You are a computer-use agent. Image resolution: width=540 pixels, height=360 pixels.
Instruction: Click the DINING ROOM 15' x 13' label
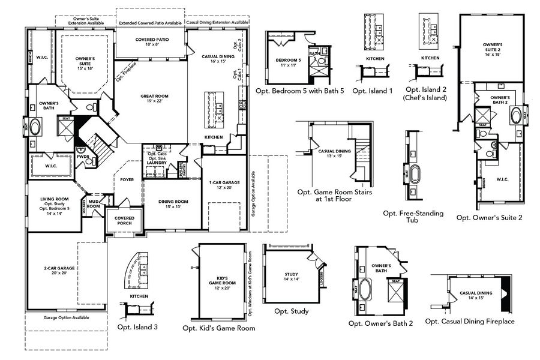click(173, 204)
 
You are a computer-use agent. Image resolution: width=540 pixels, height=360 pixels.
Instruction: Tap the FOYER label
click(127, 179)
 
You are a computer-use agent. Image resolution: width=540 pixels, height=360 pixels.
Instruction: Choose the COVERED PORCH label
click(124, 220)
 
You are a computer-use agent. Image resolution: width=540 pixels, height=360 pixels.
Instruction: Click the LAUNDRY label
click(156, 162)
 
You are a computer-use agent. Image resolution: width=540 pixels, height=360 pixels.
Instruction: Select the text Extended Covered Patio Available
click(150, 23)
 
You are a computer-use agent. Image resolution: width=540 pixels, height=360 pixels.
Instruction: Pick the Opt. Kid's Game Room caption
click(218, 328)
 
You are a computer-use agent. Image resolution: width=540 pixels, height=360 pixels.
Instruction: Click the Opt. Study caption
click(292, 311)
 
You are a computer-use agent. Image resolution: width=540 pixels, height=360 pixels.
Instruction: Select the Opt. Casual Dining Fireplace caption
click(470, 322)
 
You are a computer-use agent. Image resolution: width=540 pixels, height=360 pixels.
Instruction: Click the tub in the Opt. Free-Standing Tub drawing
click(412, 177)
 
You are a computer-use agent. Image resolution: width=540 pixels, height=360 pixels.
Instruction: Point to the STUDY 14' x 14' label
click(291, 277)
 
